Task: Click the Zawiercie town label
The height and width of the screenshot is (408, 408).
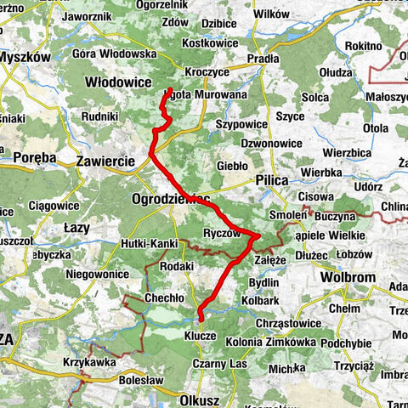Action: [x=105, y=160]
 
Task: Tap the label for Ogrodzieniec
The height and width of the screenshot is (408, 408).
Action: [x=170, y=199]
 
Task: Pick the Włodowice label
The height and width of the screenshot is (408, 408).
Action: [x=118, y=82]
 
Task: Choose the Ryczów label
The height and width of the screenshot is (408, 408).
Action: [x=225, y=232]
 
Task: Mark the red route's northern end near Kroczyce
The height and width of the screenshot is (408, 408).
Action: [x=171, y=90]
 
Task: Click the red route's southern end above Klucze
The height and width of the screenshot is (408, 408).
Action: [x=200, y=320]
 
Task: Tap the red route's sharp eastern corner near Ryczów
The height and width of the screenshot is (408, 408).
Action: [x=259, y=235]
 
